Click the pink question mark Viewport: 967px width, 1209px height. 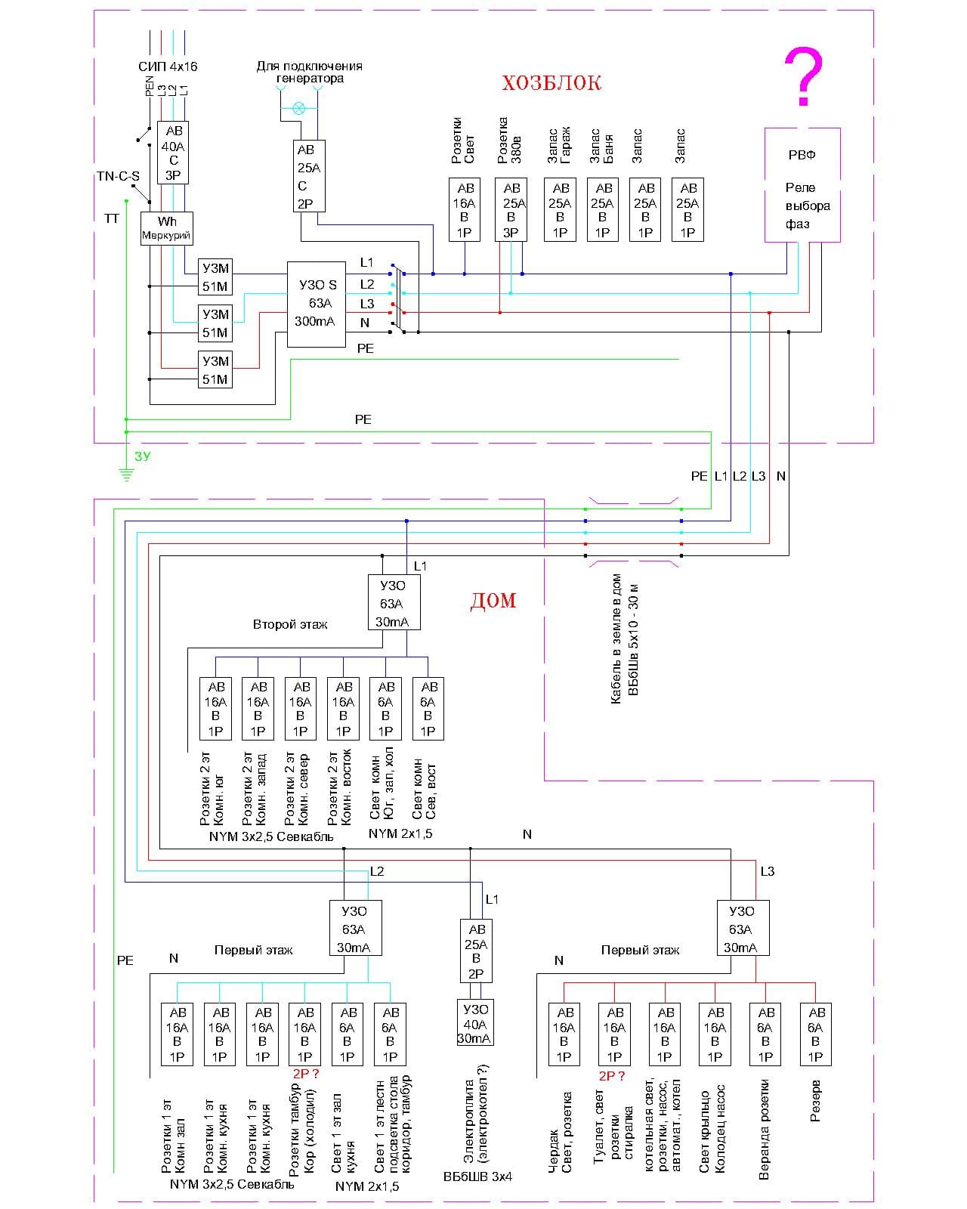[803, 77]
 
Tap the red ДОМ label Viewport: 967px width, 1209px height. [493, 601]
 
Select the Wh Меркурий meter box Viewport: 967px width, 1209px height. [166, 228]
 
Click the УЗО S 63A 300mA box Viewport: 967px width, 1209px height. [317, 304]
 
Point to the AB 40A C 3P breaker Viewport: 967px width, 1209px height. [173, 153]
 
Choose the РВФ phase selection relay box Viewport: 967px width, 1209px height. [802, 185]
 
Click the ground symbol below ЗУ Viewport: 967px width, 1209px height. [125, 475]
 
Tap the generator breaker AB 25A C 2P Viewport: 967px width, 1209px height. [308, 176]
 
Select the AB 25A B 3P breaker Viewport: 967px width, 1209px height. [511, 210]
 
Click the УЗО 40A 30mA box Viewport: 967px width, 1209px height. [475, 1024]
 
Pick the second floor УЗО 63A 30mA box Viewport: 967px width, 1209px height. [394, 603]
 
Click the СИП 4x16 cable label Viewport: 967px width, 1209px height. [168, 66]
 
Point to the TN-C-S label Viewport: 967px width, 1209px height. [118, 177]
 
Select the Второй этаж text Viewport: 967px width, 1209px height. [290, 625]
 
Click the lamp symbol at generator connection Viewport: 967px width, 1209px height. [299, 108]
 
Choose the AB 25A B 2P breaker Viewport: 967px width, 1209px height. [476, 951]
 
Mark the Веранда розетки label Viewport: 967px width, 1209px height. [765, 1130]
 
